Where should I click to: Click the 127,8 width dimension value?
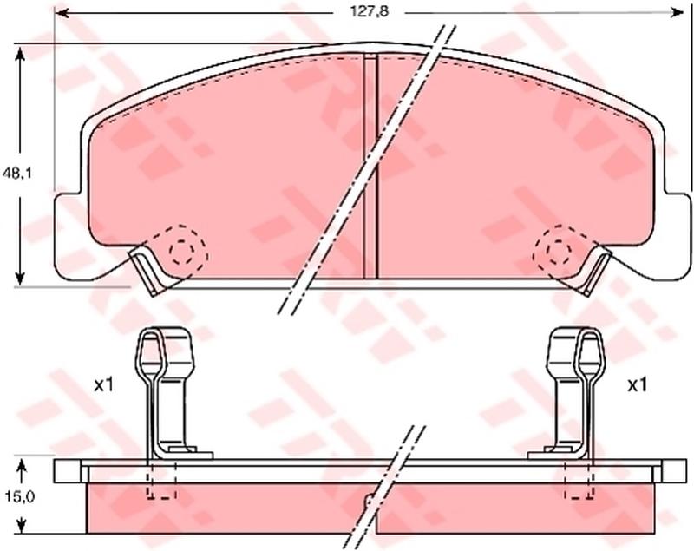[x=370, y=12]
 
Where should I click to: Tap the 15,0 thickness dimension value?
[x=20, y=497]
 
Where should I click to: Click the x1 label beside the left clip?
[x=104, y=385]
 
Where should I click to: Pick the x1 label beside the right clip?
[x=638, y=385]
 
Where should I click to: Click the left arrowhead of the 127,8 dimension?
[x=61, y=13]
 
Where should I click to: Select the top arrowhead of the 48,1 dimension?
[x=19, y=55]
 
